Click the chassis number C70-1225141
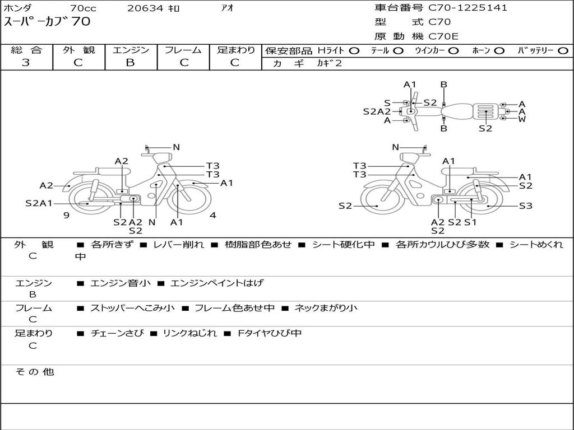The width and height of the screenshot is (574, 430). pos(468,8)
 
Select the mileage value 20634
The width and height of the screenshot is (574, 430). pos(145,8)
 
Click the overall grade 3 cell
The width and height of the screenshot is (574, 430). pos(26,63)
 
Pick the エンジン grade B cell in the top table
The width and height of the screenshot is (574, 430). pos(131,63)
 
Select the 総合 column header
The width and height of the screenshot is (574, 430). pos(26,50)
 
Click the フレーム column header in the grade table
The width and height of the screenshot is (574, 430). pos(183,50)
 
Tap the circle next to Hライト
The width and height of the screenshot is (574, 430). pos(354,50)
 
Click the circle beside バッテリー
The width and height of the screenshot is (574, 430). pos(563,50)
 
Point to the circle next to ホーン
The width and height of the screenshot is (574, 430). pos(499,50)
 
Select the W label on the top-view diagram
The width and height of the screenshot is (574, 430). pos(522,119)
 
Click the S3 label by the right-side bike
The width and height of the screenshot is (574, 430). pos(525,206)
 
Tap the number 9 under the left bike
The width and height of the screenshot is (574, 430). pos(66,215)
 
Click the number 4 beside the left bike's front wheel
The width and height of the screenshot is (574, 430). pos(213,215)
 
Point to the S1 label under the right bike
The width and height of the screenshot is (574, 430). pos(470,222)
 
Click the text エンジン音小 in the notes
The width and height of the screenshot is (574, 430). pos(121,283)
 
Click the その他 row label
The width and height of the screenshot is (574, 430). pos(34,372)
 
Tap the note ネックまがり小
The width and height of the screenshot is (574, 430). pos(326,308)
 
